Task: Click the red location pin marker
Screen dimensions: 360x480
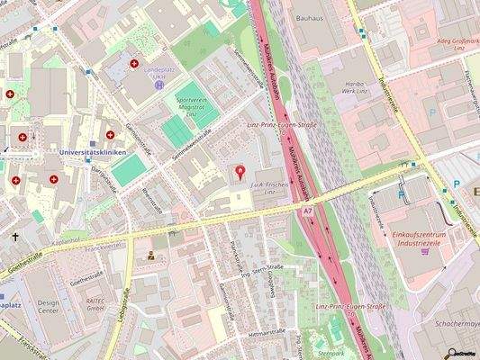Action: [x=240, y=171]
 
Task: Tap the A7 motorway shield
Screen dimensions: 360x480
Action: [x=308, y=210]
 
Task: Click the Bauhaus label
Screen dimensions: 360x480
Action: [x=309, y=16]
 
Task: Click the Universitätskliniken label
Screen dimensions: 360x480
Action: [x=90, y=153]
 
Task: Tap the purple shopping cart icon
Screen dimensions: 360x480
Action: [x=439, y=251]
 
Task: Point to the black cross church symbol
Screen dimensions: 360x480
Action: [x=15, y=238]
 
